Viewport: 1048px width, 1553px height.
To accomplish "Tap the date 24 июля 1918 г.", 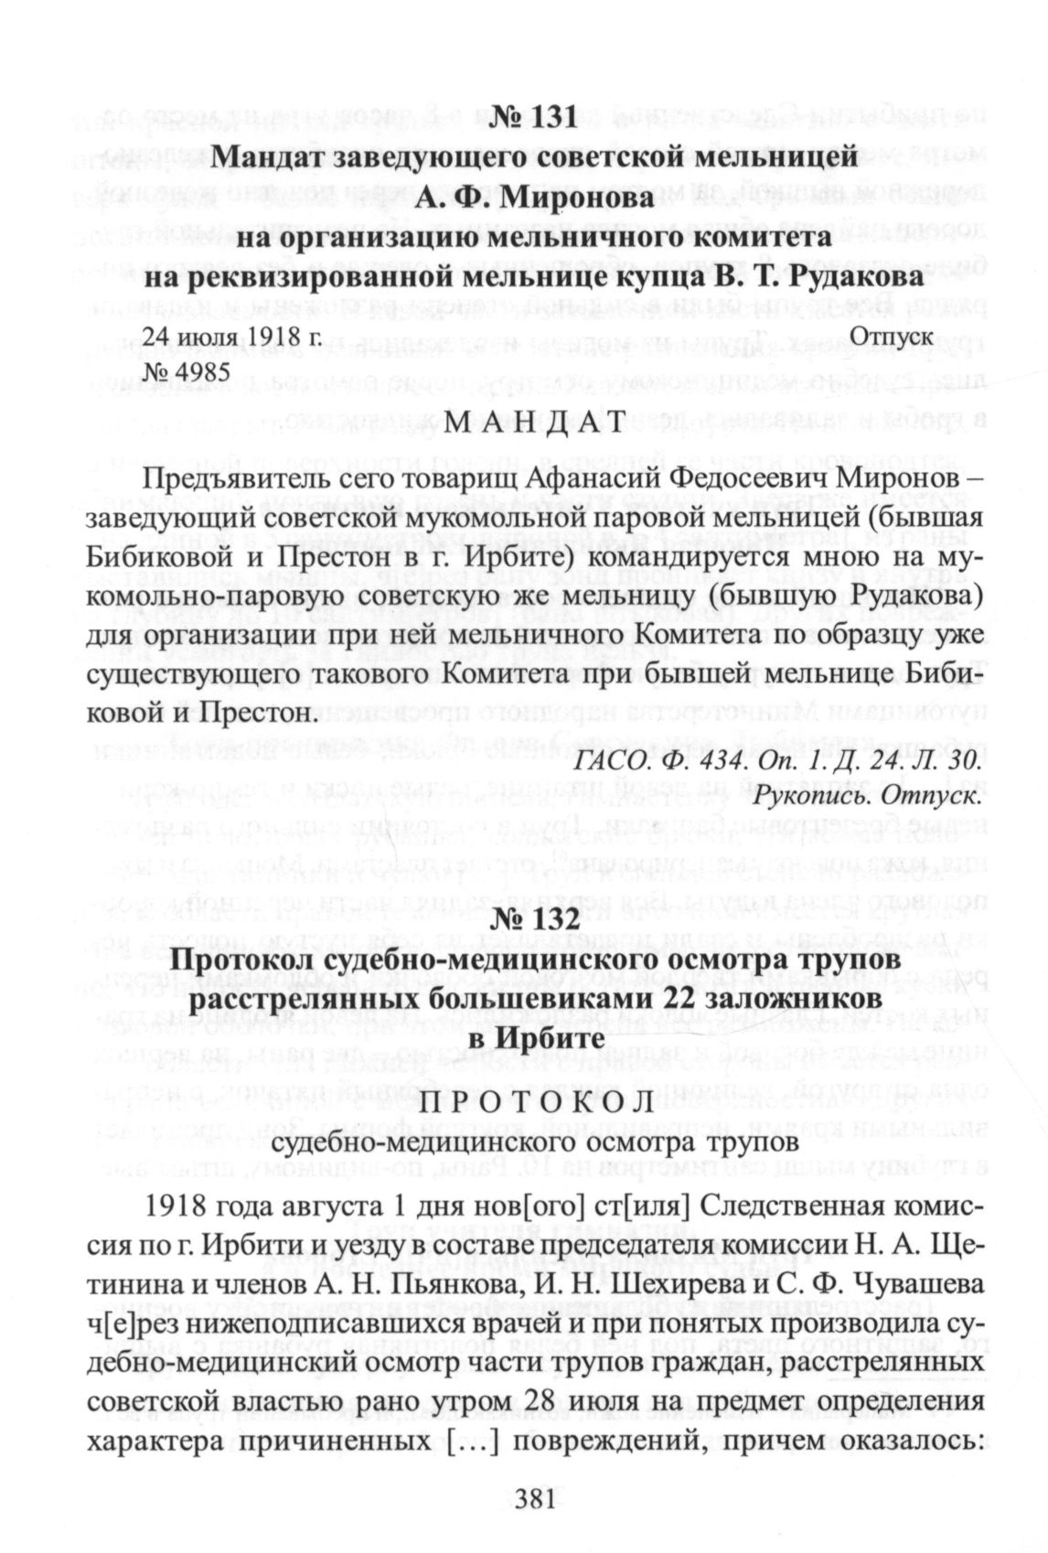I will coord(230,336).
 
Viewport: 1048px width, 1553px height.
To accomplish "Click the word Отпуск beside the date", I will coord(892,336).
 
